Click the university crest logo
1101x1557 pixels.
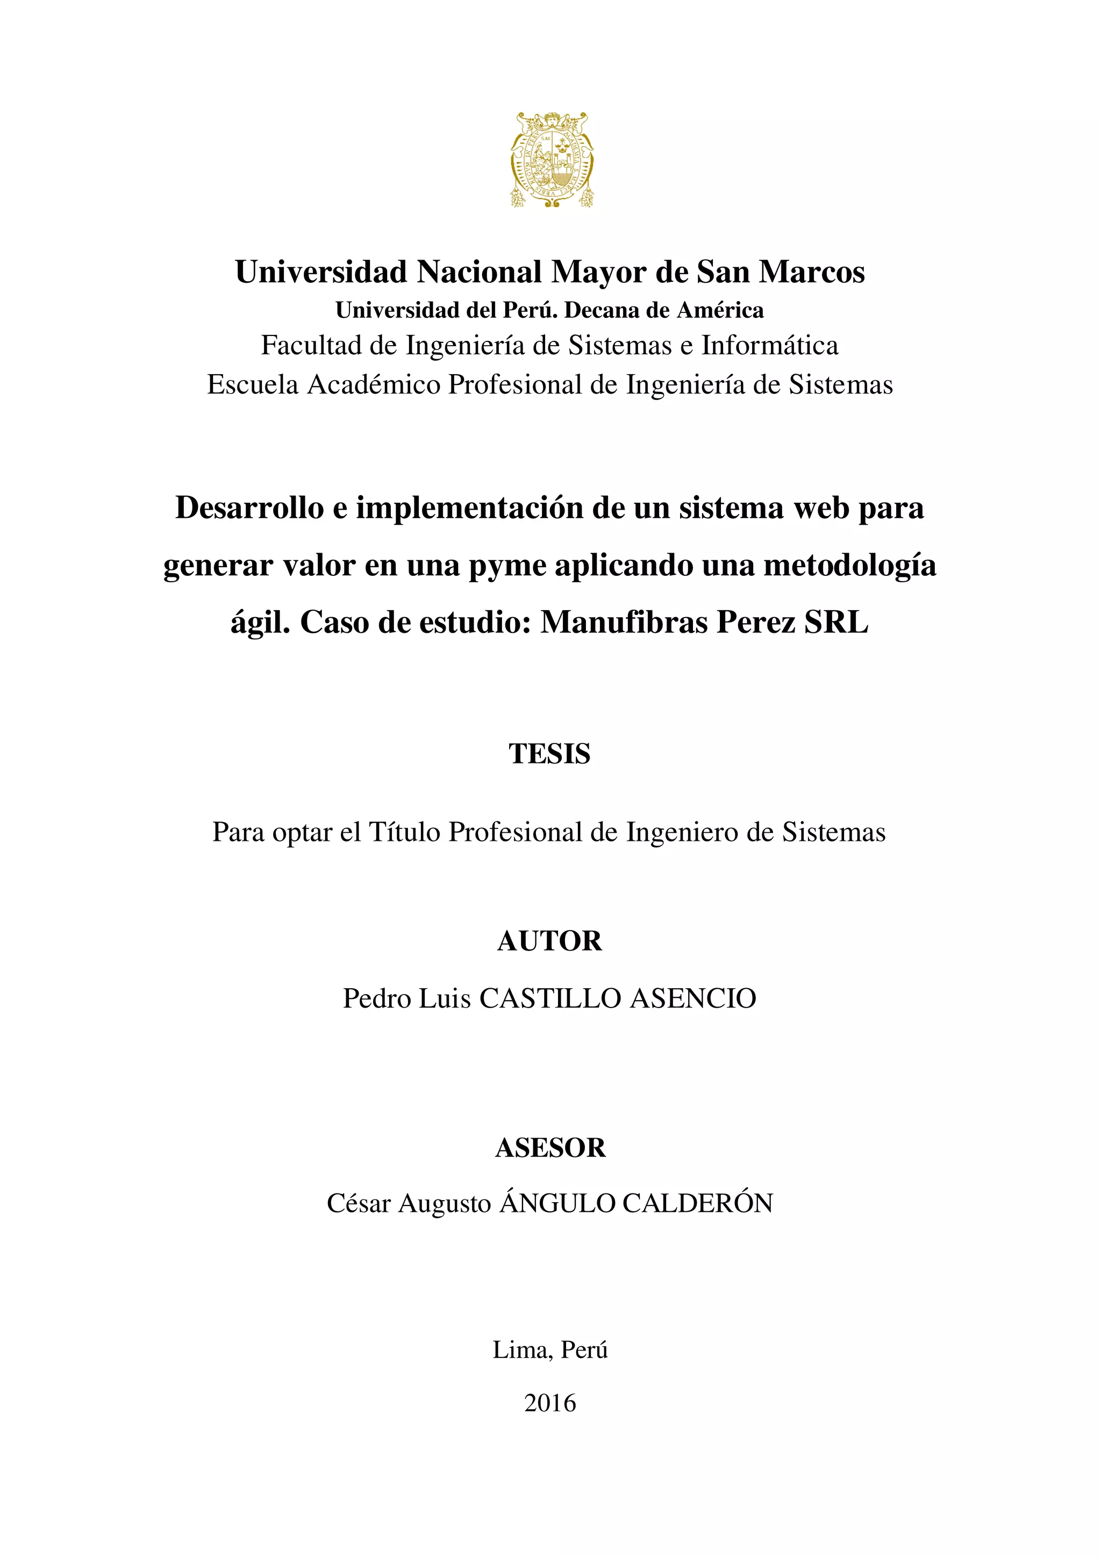552,160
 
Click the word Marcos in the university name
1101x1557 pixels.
812,272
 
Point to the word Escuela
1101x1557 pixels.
253,385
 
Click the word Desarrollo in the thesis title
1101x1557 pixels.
249,508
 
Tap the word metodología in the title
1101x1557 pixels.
849,566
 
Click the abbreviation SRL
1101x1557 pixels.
835,622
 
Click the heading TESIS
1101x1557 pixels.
550,754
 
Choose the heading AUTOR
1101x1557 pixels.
550,941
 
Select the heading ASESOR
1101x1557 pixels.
550,1148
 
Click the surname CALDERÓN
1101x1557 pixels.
698,1204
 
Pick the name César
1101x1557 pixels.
359,1204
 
